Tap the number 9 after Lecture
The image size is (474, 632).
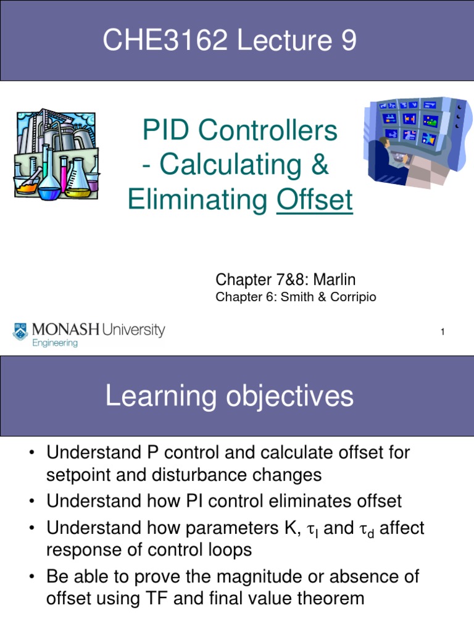[x=347, y=41]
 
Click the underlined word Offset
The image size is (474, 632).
[x=315, y=201]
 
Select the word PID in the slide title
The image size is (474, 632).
[x=165, y=130]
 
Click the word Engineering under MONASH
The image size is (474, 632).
[x=55, y=343]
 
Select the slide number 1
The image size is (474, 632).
[x=443, y=333]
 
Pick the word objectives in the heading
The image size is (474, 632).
[x=289, y=396]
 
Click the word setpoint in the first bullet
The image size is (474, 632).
[x=77, y=475]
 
